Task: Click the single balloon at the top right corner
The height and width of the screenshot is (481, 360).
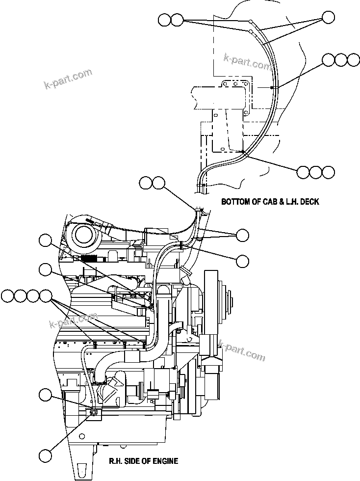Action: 328,19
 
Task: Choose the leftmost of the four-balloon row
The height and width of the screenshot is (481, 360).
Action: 7,296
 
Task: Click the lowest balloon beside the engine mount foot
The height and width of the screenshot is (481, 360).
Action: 45,455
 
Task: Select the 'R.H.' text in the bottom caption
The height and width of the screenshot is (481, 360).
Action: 117,461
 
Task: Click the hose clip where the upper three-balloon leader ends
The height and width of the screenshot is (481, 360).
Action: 271,87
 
